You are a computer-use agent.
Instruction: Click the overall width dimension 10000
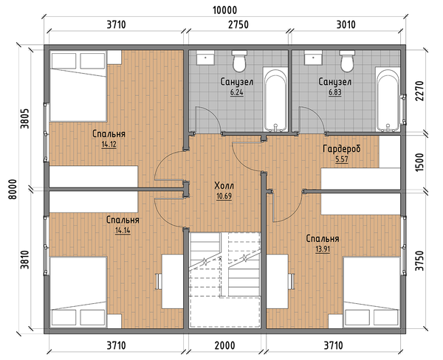coord(224,10)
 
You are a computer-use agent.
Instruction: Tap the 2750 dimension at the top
coord(238,24)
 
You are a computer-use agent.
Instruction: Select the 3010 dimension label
coord(346,24)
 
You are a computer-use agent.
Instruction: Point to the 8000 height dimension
coord(13,189)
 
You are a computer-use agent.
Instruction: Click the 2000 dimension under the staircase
coord(224,345)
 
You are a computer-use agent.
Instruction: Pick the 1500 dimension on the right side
coord(419,162)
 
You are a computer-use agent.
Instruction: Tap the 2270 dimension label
coord(419,91)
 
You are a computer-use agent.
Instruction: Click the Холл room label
coord(224,186)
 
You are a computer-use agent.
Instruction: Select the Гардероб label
coord(342,148)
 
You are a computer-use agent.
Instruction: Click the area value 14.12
coord(109,145)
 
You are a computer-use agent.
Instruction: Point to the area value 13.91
coord(323,249)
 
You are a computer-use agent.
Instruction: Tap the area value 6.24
coord(236,92)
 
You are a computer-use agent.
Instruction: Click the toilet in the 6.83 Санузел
coord(347,61)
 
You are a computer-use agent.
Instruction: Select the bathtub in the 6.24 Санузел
coord(275,100)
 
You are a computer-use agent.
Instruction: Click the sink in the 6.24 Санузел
coord(205,58)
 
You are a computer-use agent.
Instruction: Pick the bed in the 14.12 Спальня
coord(78,86)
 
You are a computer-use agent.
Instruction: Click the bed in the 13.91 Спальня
coord(372,292)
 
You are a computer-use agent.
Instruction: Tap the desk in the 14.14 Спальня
coord(172,281)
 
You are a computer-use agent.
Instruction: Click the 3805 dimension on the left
coord(24,119)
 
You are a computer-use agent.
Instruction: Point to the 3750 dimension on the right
coord(419,260)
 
